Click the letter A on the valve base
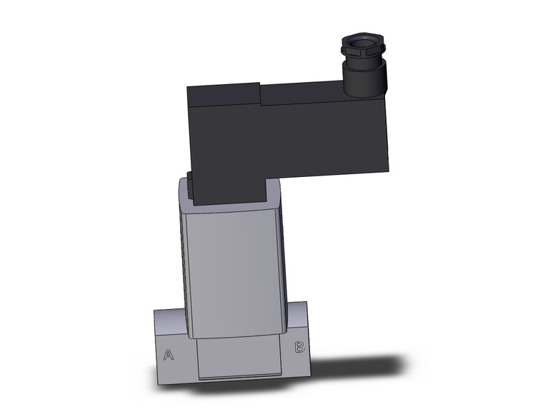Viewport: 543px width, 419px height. tap(169, 354)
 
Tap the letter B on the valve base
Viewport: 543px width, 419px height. tap(300, 348)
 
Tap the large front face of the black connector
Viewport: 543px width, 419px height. tap(300, 136)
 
